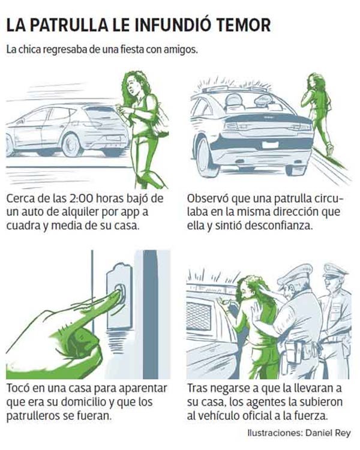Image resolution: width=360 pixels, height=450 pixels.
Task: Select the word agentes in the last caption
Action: click(266, 402)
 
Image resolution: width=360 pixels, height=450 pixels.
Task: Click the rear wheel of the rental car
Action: click(72, 145)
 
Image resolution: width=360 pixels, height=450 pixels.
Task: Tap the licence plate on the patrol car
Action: click(270, 145)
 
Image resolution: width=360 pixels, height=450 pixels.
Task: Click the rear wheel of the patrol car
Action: click(206, 157)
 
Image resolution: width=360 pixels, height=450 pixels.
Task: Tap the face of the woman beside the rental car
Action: click(133, 84)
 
